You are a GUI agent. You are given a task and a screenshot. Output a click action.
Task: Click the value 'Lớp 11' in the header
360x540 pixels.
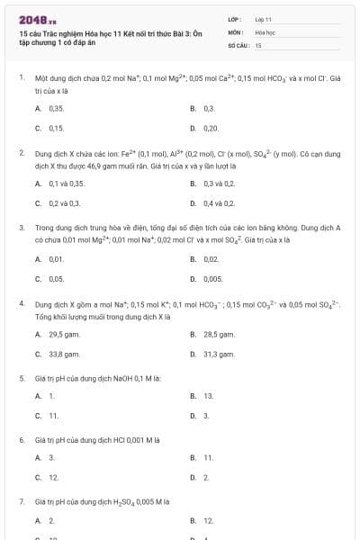coord(263,19)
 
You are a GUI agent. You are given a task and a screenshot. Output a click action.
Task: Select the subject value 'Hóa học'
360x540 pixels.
coord(264,31)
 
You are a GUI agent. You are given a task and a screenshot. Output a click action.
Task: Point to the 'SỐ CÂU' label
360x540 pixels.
coord(237,44)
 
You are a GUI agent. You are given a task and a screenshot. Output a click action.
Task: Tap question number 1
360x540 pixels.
coord(21,78)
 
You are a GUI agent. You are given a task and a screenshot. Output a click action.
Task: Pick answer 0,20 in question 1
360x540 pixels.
coord(211,129)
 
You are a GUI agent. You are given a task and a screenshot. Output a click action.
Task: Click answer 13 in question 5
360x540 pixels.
coord(208,396)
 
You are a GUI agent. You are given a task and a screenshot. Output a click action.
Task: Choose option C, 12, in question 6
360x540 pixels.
coord(53,477)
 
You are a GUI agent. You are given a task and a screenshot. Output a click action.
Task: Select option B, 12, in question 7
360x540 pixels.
coord(208,520)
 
